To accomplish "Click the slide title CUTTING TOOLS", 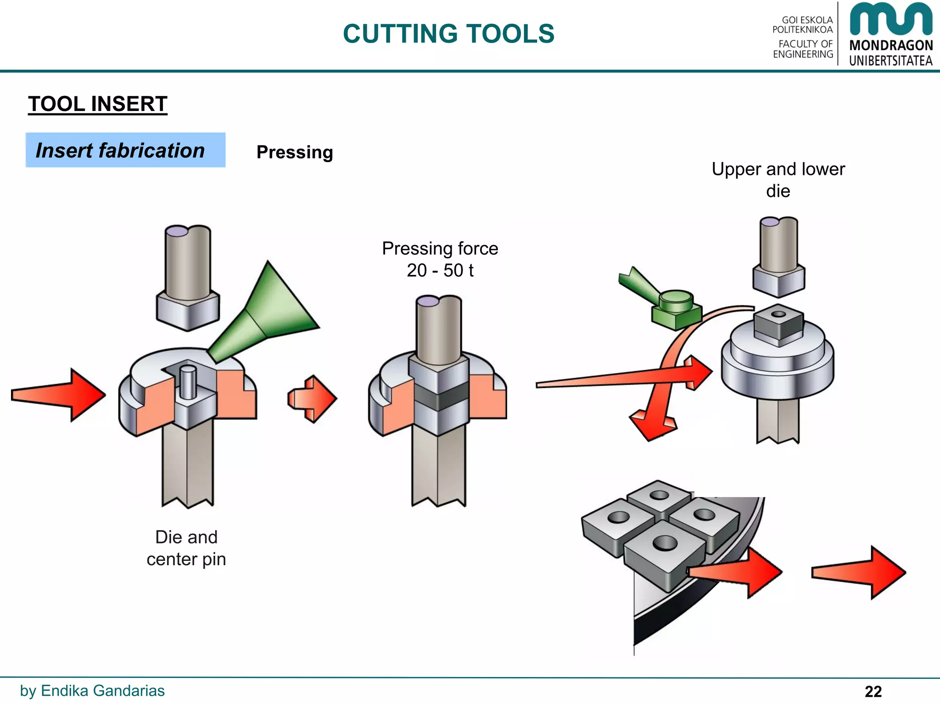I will point(448,34).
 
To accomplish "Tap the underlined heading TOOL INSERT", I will point(97,104).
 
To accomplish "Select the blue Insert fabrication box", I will point(125,150).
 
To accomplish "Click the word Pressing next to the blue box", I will point(294,152).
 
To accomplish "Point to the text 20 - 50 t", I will point(439,270).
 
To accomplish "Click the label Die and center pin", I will point(186,548).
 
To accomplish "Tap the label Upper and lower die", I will point(778,179).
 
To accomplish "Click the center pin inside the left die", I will point(187,381).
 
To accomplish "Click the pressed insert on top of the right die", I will point(778,324).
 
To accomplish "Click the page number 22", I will point(873,691).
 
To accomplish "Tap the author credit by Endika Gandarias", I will point(92,691).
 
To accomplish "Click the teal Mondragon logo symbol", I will point(890,19).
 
